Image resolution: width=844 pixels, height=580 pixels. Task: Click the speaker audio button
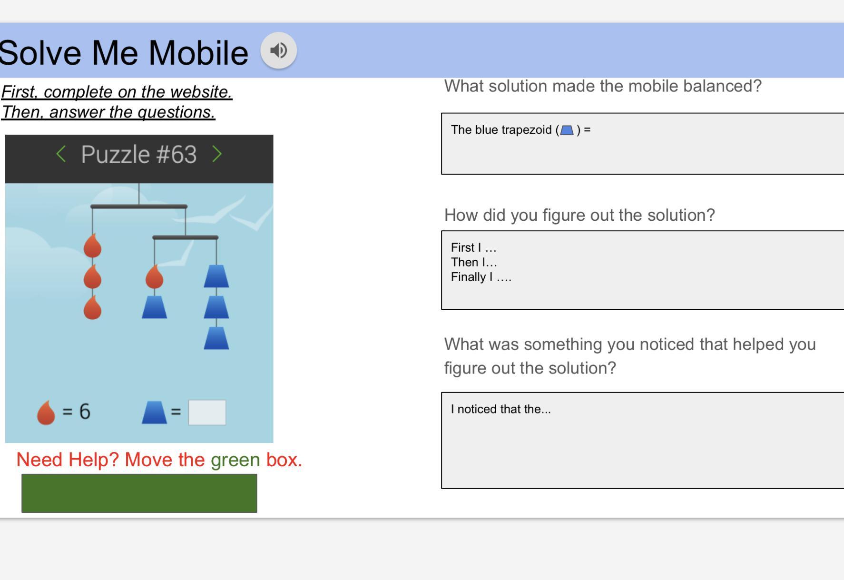pyautogui.click(x=279, y=50)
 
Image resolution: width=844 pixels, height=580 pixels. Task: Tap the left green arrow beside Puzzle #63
pyautogui.click(x=61, y=154)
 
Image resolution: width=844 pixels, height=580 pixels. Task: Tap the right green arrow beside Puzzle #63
pyautogui.click(x=217, y=154)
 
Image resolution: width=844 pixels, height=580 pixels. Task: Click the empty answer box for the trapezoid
pyautogui.click(x=207, y=412)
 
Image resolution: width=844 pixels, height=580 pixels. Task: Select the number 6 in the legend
pyautogui.click(x=85, y=411)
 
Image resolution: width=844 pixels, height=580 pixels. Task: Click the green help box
pyautogui.click(x=139, y=493)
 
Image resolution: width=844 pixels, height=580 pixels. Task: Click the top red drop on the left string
pyautogui.click(x=92, y=246)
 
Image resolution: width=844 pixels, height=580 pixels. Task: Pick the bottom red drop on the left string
pyautogui.click(x=92, y=307)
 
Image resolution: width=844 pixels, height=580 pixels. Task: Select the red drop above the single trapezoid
pyautogui.click(x=154, y=276)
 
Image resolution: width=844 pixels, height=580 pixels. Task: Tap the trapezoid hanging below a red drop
pyautogui.click(x=155, y=307)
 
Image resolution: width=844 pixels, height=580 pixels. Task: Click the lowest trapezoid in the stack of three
pyautogui.click(x=216, y=338)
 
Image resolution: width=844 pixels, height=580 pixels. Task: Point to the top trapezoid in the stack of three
pyautogui.click(x=216, y=276)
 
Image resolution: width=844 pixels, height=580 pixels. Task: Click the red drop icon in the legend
pyautogui.click(x=46, y=412)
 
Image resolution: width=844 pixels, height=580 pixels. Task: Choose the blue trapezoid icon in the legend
pyautogui.click(x=155, y=413)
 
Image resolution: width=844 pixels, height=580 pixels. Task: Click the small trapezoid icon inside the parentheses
pyautogui.click(x=567, y=130)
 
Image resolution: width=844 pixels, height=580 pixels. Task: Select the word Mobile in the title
pyautogui.click(x=198, y=52)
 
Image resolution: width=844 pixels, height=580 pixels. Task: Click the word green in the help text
pyautogui.click(x=236, y=460)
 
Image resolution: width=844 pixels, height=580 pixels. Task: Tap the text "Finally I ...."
pyautogui.click(x=481, y=277)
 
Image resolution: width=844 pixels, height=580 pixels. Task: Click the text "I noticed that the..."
pyautogui.click(x=501, y=409)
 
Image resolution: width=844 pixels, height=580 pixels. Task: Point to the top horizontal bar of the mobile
pyautogui.click(x=139, y=206)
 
